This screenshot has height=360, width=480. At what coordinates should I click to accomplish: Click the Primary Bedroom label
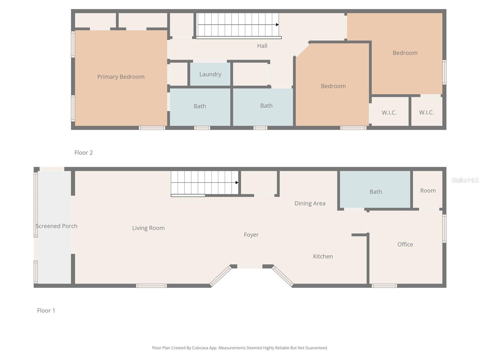coord(121,77)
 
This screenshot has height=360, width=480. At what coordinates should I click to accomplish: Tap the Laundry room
coord(210,74)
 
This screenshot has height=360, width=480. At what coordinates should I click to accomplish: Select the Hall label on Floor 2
coord(262,46)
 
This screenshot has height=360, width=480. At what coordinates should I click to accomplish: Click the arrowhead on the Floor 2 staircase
coord(277,25)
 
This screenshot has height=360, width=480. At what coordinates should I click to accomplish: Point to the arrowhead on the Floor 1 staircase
coord(237,182)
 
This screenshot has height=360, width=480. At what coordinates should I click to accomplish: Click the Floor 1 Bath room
coord(375,191)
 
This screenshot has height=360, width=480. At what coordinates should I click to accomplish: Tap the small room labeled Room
coord(428,190)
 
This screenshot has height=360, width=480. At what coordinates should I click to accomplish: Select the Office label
coord(405,244)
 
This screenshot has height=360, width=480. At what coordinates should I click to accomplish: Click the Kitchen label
coord(323,256)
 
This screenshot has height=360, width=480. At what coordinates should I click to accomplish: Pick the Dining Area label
coord(310,203)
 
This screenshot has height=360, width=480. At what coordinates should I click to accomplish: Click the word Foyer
coord(251,235)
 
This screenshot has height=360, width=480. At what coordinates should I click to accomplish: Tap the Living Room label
coord(148,228)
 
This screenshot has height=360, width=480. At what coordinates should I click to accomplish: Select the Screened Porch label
coord(56,226)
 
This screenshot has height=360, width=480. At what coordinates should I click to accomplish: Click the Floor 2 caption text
coord(83,153)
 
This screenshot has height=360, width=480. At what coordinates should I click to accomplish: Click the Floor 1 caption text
coord(46,310)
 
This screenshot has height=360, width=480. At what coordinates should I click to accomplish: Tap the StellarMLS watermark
coord(465,180)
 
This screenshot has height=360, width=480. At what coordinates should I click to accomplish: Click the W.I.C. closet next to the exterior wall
coord(426,112)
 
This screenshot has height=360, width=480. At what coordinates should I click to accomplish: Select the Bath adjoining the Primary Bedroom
coord(199,106)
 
